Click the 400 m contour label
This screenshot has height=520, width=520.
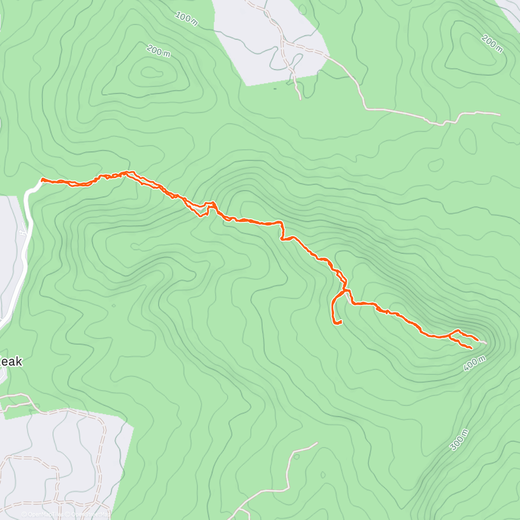474,363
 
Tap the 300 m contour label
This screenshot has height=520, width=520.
460,440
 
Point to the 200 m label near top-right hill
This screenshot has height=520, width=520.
492,44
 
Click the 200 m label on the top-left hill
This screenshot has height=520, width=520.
158,51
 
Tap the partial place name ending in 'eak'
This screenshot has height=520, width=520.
10,361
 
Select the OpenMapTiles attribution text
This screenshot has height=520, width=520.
45,514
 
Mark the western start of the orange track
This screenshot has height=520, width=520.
42,179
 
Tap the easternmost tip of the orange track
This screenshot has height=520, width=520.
478,340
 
